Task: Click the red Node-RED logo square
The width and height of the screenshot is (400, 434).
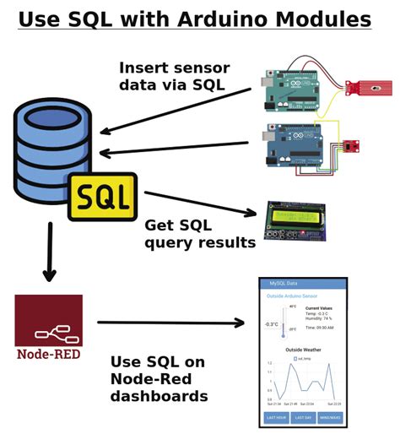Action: (48, 320)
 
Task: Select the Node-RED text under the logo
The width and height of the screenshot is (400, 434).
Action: (48, 354)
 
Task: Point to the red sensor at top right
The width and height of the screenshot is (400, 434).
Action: (370, 87)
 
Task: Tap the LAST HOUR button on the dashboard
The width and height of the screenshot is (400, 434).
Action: (276, 415)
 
